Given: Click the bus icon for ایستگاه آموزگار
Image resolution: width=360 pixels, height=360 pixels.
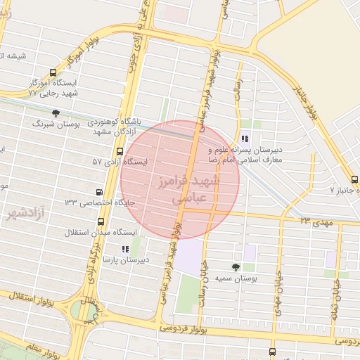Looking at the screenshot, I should pyautogui.click(x=53, y=73).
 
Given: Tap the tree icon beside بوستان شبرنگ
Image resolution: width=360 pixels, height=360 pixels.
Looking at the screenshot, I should pyautogui.click(x=56, y=114).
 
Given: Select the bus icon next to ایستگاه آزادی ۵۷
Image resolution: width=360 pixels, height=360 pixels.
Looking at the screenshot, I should pyautogui.click(x=120, y=151).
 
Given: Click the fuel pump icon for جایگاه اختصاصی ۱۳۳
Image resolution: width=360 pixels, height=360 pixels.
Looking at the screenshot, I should pyautogui.click(x=99, y=192).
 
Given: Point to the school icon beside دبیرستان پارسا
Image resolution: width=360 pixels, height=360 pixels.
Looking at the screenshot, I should pyautogui.click(x=125, y=249).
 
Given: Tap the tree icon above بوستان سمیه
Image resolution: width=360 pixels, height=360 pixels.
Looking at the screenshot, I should pyautogui.click(x=235, y=267).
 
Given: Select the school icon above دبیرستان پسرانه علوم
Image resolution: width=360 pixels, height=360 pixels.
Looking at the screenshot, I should pyautogui.click(x=245, y=138).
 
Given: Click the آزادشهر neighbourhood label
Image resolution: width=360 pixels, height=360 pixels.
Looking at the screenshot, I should pyautogui.click(x=25, y=212).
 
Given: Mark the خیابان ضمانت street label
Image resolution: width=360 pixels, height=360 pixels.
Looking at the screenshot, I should pyautogui.click(x=336, y=288).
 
